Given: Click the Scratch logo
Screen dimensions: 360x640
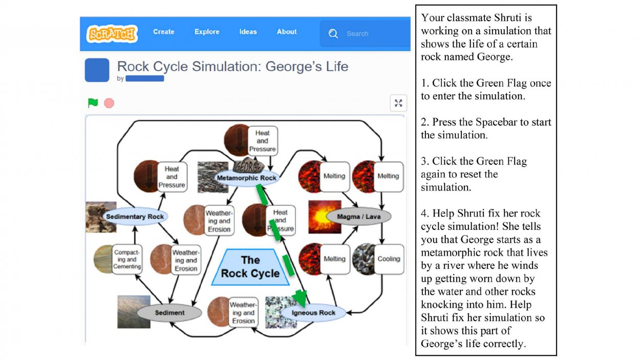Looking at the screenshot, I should pyautogui.click(x=112, y=34).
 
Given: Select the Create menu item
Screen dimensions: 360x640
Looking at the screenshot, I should pyautogui.click(x=163, y=32).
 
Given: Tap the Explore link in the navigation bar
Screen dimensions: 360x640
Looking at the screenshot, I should pyautogui.click(x=207, y=32).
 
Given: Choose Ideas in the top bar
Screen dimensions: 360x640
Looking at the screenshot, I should pyautogui.click(x=248, y=32).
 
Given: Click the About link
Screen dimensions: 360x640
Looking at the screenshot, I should pyautogui.click(x=287, y=32).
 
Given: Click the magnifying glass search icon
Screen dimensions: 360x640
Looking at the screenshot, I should pyautogui.click(x=333, y=34).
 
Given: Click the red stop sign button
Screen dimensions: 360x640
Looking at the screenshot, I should pyautogui.click(x=109, y=103).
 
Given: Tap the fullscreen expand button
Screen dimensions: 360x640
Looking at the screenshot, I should pyautogui.click(x=398, y=103).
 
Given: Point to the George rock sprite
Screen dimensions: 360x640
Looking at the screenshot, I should pyautogui.click(x=248, y=165).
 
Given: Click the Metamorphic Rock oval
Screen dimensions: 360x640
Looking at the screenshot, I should pyautogui.click(x=246, y=178).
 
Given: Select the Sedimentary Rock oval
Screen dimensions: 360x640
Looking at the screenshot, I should pyautogui.click(x=135, y=217).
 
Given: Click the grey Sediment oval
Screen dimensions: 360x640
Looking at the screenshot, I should pyautogui.click(x=169, y=312).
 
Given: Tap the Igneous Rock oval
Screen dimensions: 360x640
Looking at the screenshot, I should pyautogui.click(x=313, y=312).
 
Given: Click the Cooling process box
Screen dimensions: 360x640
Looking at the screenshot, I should pyautogui.click(x=389, y=259).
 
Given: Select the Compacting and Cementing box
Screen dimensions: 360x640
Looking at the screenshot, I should pyautogui.click(x=126, y=260).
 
